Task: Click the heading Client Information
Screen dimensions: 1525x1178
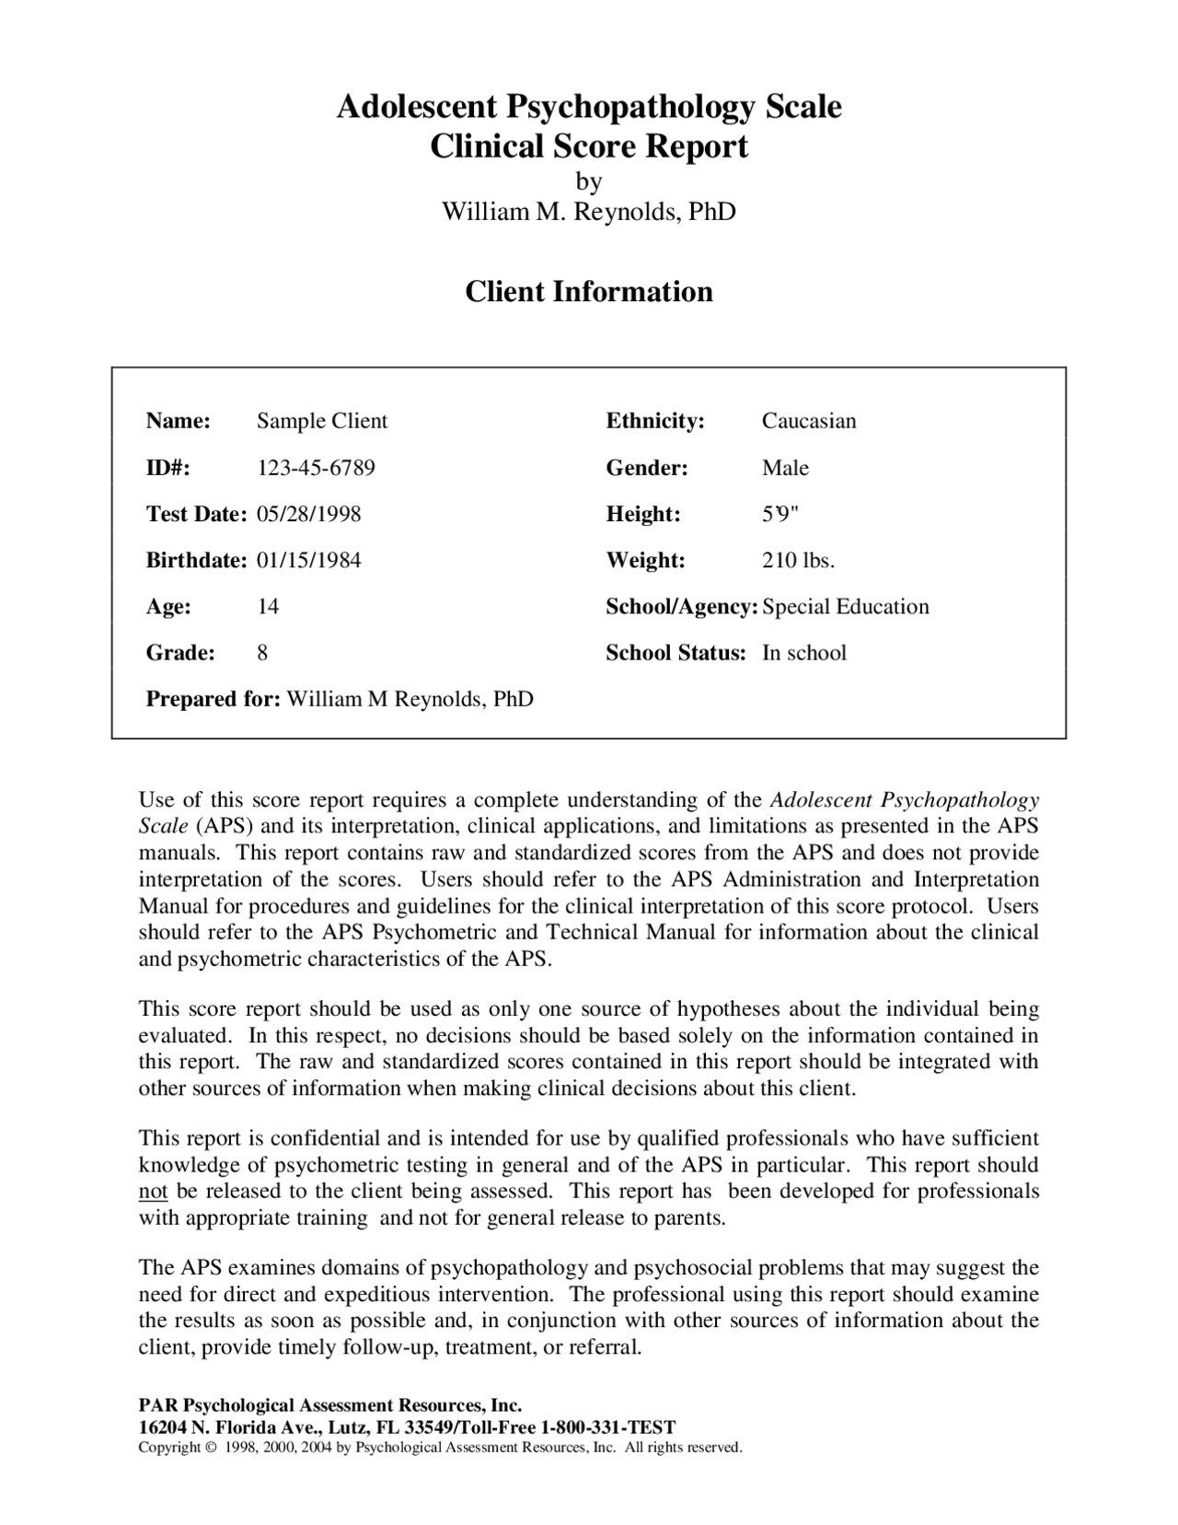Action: [588, 292]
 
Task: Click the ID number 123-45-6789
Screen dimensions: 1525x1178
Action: [316, 468]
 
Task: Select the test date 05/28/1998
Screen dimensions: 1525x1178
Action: [308, 514]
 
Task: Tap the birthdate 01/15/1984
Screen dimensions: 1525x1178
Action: [308, 560]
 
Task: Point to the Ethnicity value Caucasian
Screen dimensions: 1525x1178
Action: [808, 421]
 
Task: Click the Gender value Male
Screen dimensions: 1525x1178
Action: [785, 468]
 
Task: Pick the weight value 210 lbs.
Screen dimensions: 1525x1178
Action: [798, 560]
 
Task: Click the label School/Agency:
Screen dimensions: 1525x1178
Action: [681, 607]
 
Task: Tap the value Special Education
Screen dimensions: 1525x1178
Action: [846, 607]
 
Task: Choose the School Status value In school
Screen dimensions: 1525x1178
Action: [803, 653]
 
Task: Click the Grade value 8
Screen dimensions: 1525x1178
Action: [262, 653]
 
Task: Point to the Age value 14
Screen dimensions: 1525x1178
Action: [268, 607]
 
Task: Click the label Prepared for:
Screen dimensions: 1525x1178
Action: [213, 699]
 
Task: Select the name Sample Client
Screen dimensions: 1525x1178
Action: [322, 421]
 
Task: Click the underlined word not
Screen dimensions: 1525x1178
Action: [153, 1192]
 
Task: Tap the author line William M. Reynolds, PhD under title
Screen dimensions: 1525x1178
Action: [588, 212]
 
